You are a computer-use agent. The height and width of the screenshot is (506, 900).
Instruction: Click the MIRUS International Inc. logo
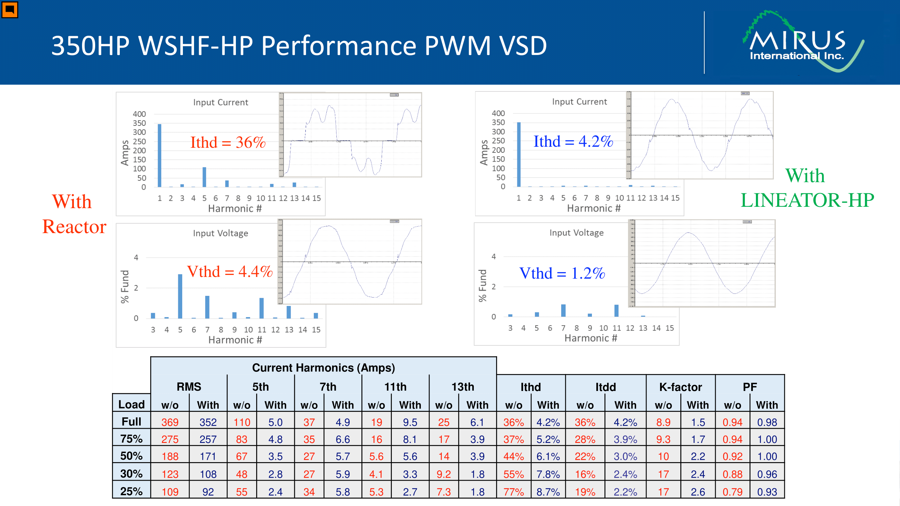pos(800,42)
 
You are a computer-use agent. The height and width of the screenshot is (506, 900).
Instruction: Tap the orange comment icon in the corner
pos(9,9)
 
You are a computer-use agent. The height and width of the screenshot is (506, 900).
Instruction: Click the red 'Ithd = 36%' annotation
pos(228,142)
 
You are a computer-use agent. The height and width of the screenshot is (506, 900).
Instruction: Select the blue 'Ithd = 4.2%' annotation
pos(573,141)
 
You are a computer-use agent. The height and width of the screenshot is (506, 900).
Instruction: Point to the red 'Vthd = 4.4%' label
pos(229,272)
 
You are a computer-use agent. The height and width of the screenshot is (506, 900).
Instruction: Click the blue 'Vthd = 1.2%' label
pos(562,274)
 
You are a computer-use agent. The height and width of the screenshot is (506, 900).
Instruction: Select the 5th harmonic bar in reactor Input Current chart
pos(204,177)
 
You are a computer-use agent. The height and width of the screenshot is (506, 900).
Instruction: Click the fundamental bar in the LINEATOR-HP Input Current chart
pos(519,154)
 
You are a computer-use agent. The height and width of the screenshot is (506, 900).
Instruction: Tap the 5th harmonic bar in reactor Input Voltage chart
pos(180,296)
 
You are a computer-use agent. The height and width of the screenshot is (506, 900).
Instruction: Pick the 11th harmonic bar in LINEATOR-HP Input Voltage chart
pos(616,311)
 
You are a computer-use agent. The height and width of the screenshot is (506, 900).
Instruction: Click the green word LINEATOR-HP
pos(807,200)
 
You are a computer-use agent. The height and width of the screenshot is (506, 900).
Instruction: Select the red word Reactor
pos(74,227)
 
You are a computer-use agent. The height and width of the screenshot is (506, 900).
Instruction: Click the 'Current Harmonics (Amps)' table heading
pos(323,368)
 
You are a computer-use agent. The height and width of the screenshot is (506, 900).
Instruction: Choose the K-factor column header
pos(680,387)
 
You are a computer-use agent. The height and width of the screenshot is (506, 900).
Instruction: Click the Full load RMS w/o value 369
pos(170,422)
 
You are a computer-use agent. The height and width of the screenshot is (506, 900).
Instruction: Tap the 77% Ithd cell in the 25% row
pos(513,492)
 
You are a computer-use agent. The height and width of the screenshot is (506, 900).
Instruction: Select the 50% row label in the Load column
pos(131,456)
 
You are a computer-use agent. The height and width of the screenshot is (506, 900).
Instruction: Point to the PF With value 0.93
pos(767,492)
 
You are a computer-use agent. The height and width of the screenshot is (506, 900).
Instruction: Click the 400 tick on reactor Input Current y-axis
pos(139,114)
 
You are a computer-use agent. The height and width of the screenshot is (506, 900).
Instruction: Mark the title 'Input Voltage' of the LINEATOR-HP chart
pos(576,233)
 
